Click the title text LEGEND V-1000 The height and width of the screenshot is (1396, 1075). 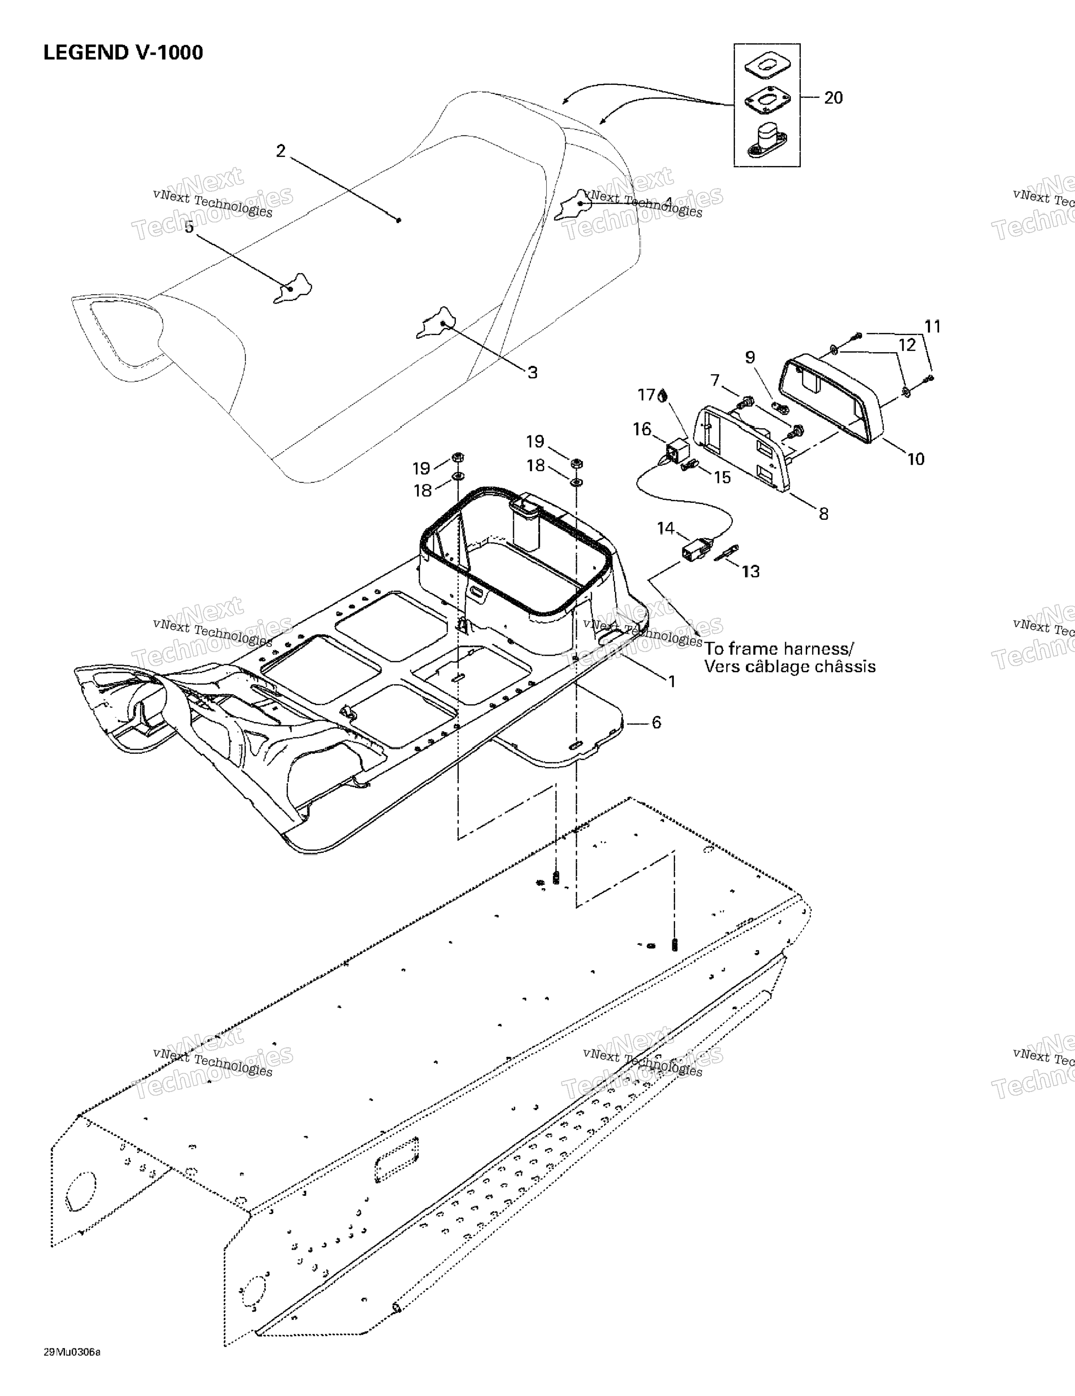123,53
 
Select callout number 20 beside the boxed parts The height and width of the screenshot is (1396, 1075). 833,98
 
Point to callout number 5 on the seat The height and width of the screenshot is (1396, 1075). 189,227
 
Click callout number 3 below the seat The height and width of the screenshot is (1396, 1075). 533,373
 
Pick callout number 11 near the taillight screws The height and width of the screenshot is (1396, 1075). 933,326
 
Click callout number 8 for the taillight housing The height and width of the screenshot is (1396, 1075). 824,513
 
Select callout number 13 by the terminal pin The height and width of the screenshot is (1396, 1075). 750,571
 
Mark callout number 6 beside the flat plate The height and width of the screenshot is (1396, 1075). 656,722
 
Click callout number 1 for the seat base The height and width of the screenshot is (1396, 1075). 671,682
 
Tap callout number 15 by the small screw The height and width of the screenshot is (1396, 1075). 721,478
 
